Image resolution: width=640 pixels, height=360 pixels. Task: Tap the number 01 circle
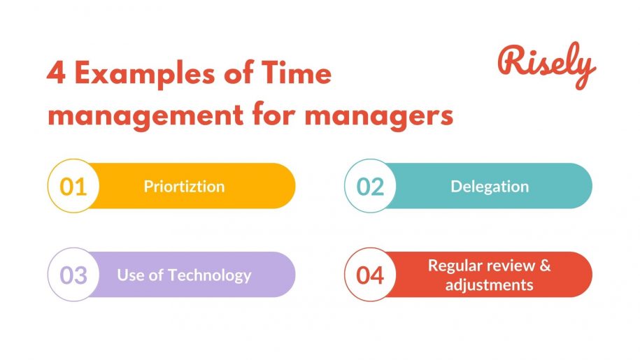tap(73, 187)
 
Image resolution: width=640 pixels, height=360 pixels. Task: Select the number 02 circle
tap(370, 187)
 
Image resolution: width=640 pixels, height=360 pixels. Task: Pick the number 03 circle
tap(73, 275)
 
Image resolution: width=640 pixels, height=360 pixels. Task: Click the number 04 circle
tap(370, 275)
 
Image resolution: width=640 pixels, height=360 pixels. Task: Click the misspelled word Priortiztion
tap(184, 187)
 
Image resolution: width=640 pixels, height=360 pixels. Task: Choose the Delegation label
tap(490, 187)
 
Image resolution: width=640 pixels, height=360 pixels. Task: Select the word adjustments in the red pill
tap(490, 285)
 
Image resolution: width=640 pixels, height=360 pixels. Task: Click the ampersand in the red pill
tap(545, 266)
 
